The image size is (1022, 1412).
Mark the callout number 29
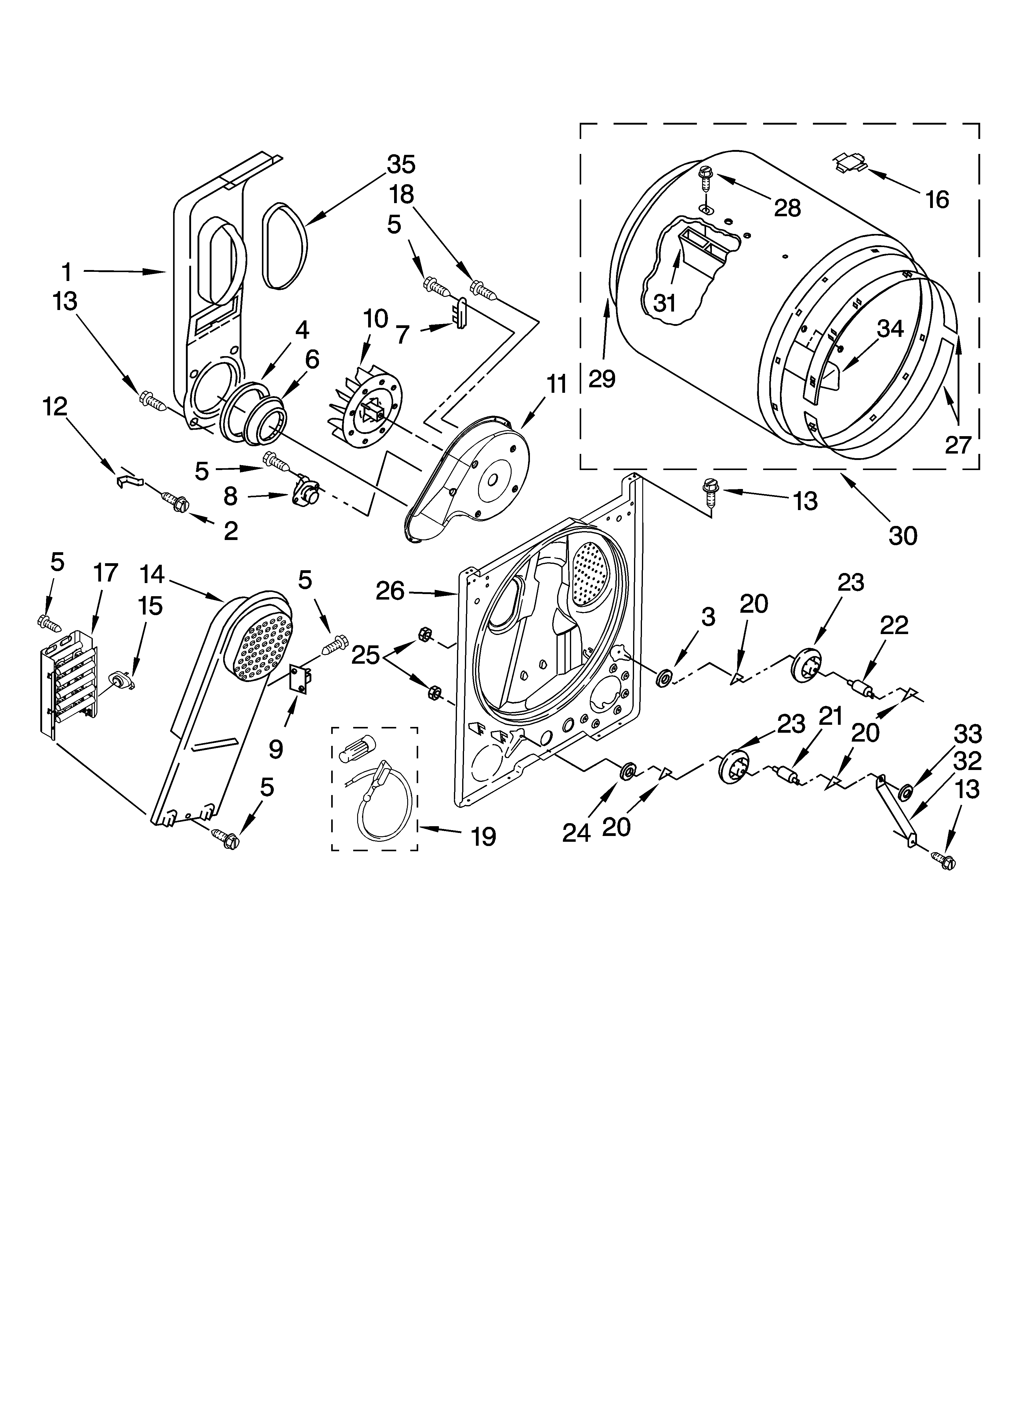(x=602, y=378)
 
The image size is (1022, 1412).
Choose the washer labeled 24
(x=627, y=772)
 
